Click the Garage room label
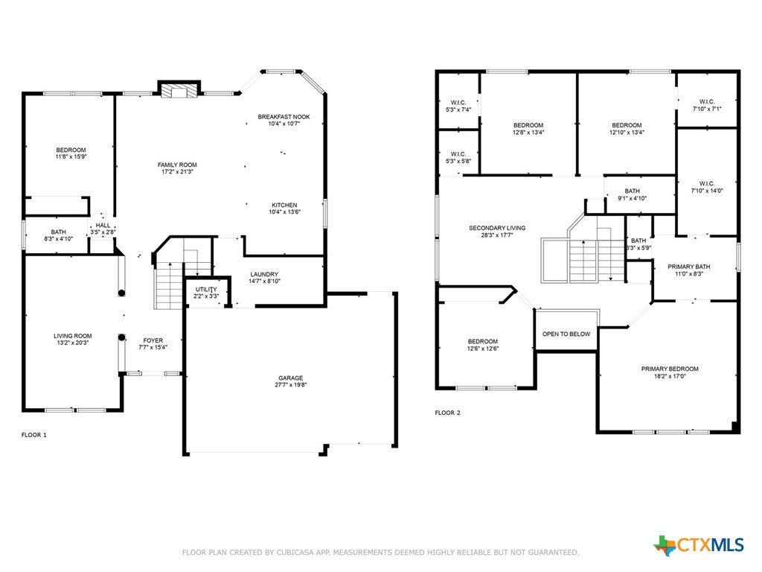pos(291,378)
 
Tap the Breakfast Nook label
pos(284,117)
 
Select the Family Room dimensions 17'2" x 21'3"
pos(177,172)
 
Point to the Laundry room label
pos(264,274)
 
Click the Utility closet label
pos(206,290)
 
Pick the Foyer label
pos(153,340)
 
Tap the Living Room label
pos(73,336)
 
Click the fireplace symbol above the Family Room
pos(179,91)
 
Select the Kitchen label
pos(284,206)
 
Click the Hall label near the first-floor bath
pos(103,226)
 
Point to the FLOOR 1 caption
pos(34,435)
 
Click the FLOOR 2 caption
pos(447,413)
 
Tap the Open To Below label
pos(566,334)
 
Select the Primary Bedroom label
pos(670,369)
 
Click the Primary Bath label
pos(688,267)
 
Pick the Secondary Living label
pos(497,228)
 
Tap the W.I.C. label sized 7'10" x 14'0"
pos(707,183)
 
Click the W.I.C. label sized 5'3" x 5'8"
pos(458,154)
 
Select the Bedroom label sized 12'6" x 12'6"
pos(482,341)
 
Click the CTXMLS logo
pos(699,545)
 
